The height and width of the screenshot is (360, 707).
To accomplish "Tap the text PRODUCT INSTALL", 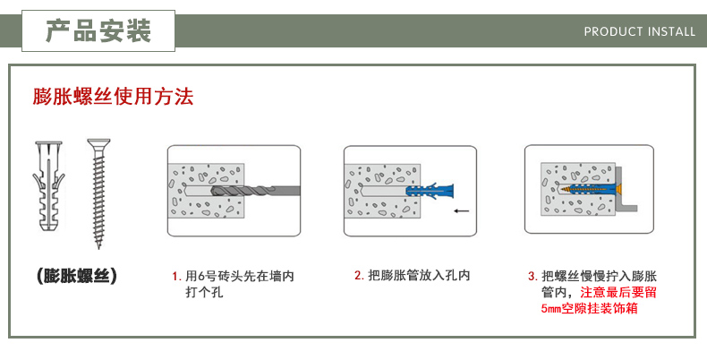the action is (639, 31).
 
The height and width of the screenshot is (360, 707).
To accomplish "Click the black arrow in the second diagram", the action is (462, 212).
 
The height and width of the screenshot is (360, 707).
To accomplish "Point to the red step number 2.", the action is (358, 276).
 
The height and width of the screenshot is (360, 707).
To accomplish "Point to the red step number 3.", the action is (532, 277).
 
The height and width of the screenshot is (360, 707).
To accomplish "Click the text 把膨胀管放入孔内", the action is (419, 276).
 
